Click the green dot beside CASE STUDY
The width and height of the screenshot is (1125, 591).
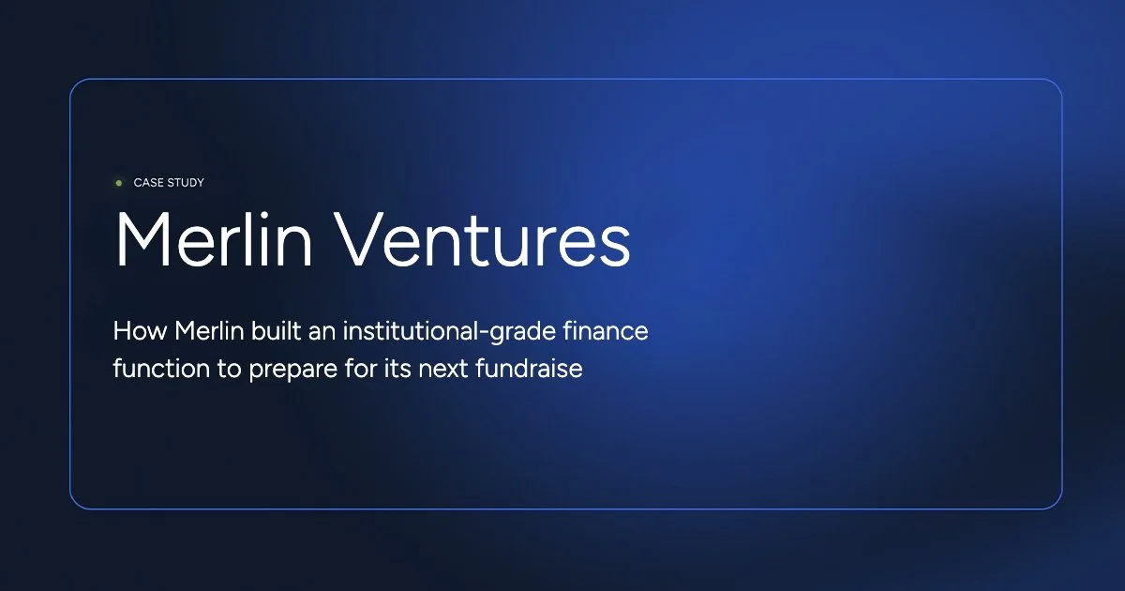(119, 183)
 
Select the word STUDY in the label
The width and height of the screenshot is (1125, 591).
(186, 183)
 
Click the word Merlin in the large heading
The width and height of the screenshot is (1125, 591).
(208, 241)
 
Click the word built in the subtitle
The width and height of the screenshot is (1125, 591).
(263, 331)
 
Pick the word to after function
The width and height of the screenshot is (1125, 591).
(229, 369)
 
